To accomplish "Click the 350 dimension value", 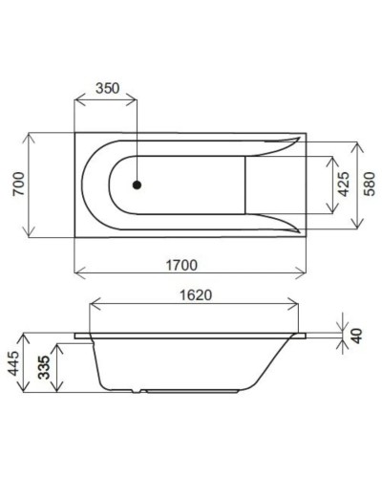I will pos(108,88).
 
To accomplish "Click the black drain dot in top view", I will pos(138,186).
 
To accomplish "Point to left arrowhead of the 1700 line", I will pos(77,271).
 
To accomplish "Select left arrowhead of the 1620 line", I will pos(90,308).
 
